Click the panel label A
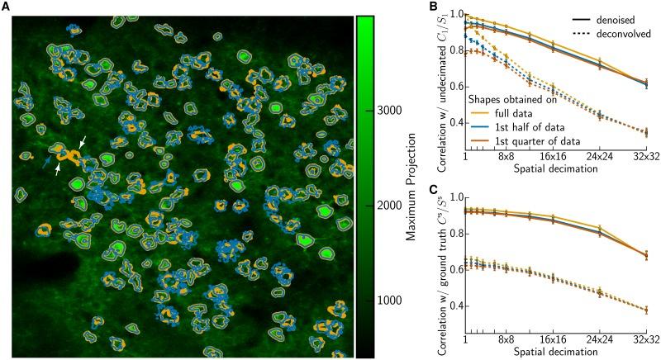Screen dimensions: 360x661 click(x=6, y=7)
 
